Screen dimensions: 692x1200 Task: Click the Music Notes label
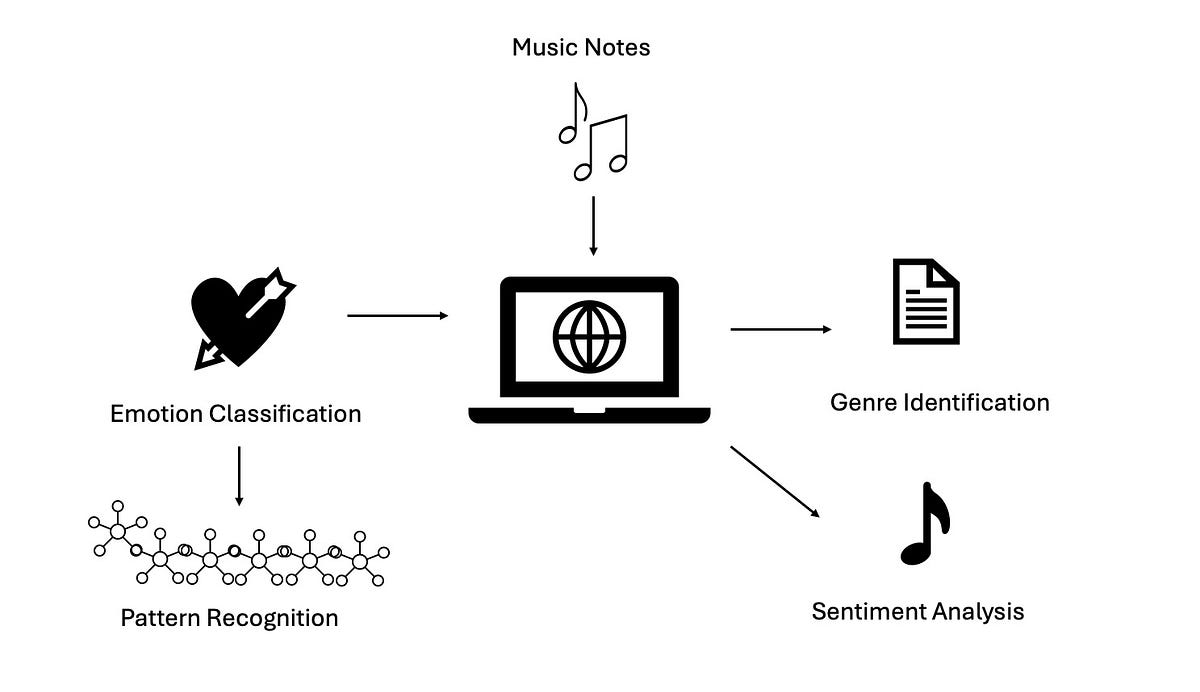tap(581, 47)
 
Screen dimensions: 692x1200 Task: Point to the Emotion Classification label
tap(235, 413)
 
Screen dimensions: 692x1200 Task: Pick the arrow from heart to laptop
tap(397, 316)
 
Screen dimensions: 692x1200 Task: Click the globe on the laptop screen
tap(589, 336)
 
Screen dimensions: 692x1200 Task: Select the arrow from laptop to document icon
tap(781, 329)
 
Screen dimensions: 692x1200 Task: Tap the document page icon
tap(925, 302)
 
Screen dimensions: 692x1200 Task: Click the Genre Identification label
tap(939, 403)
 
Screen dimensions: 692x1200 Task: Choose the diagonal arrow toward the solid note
tap(775, 481)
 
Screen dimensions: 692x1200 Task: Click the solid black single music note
tap(926, 525)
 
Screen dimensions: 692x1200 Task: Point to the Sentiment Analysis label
tap(917, 611)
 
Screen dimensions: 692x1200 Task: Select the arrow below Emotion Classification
tap(239, 475)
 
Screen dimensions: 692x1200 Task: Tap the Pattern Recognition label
tap(229, 618)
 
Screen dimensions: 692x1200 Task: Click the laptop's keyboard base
tap(589, 414)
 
